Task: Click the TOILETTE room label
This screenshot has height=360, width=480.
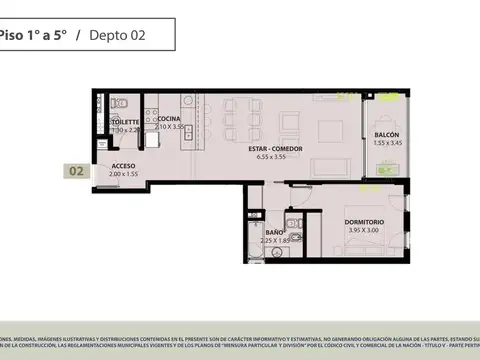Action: point(126,120)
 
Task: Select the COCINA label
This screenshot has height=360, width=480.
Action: point(169,119)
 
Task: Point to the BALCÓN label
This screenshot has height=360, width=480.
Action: point(388,135)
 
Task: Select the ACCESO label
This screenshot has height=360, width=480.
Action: point(123,166)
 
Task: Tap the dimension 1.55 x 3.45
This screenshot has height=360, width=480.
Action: point(388,144)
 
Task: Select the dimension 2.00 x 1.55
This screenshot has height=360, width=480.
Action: point(123,175)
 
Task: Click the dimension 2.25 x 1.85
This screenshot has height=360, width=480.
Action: point(276,241)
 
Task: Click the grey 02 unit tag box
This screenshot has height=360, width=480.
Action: point(76,171)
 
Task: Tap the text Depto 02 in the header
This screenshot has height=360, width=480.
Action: point(117,35)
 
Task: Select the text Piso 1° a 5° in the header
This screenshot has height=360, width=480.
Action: point(33,35)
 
